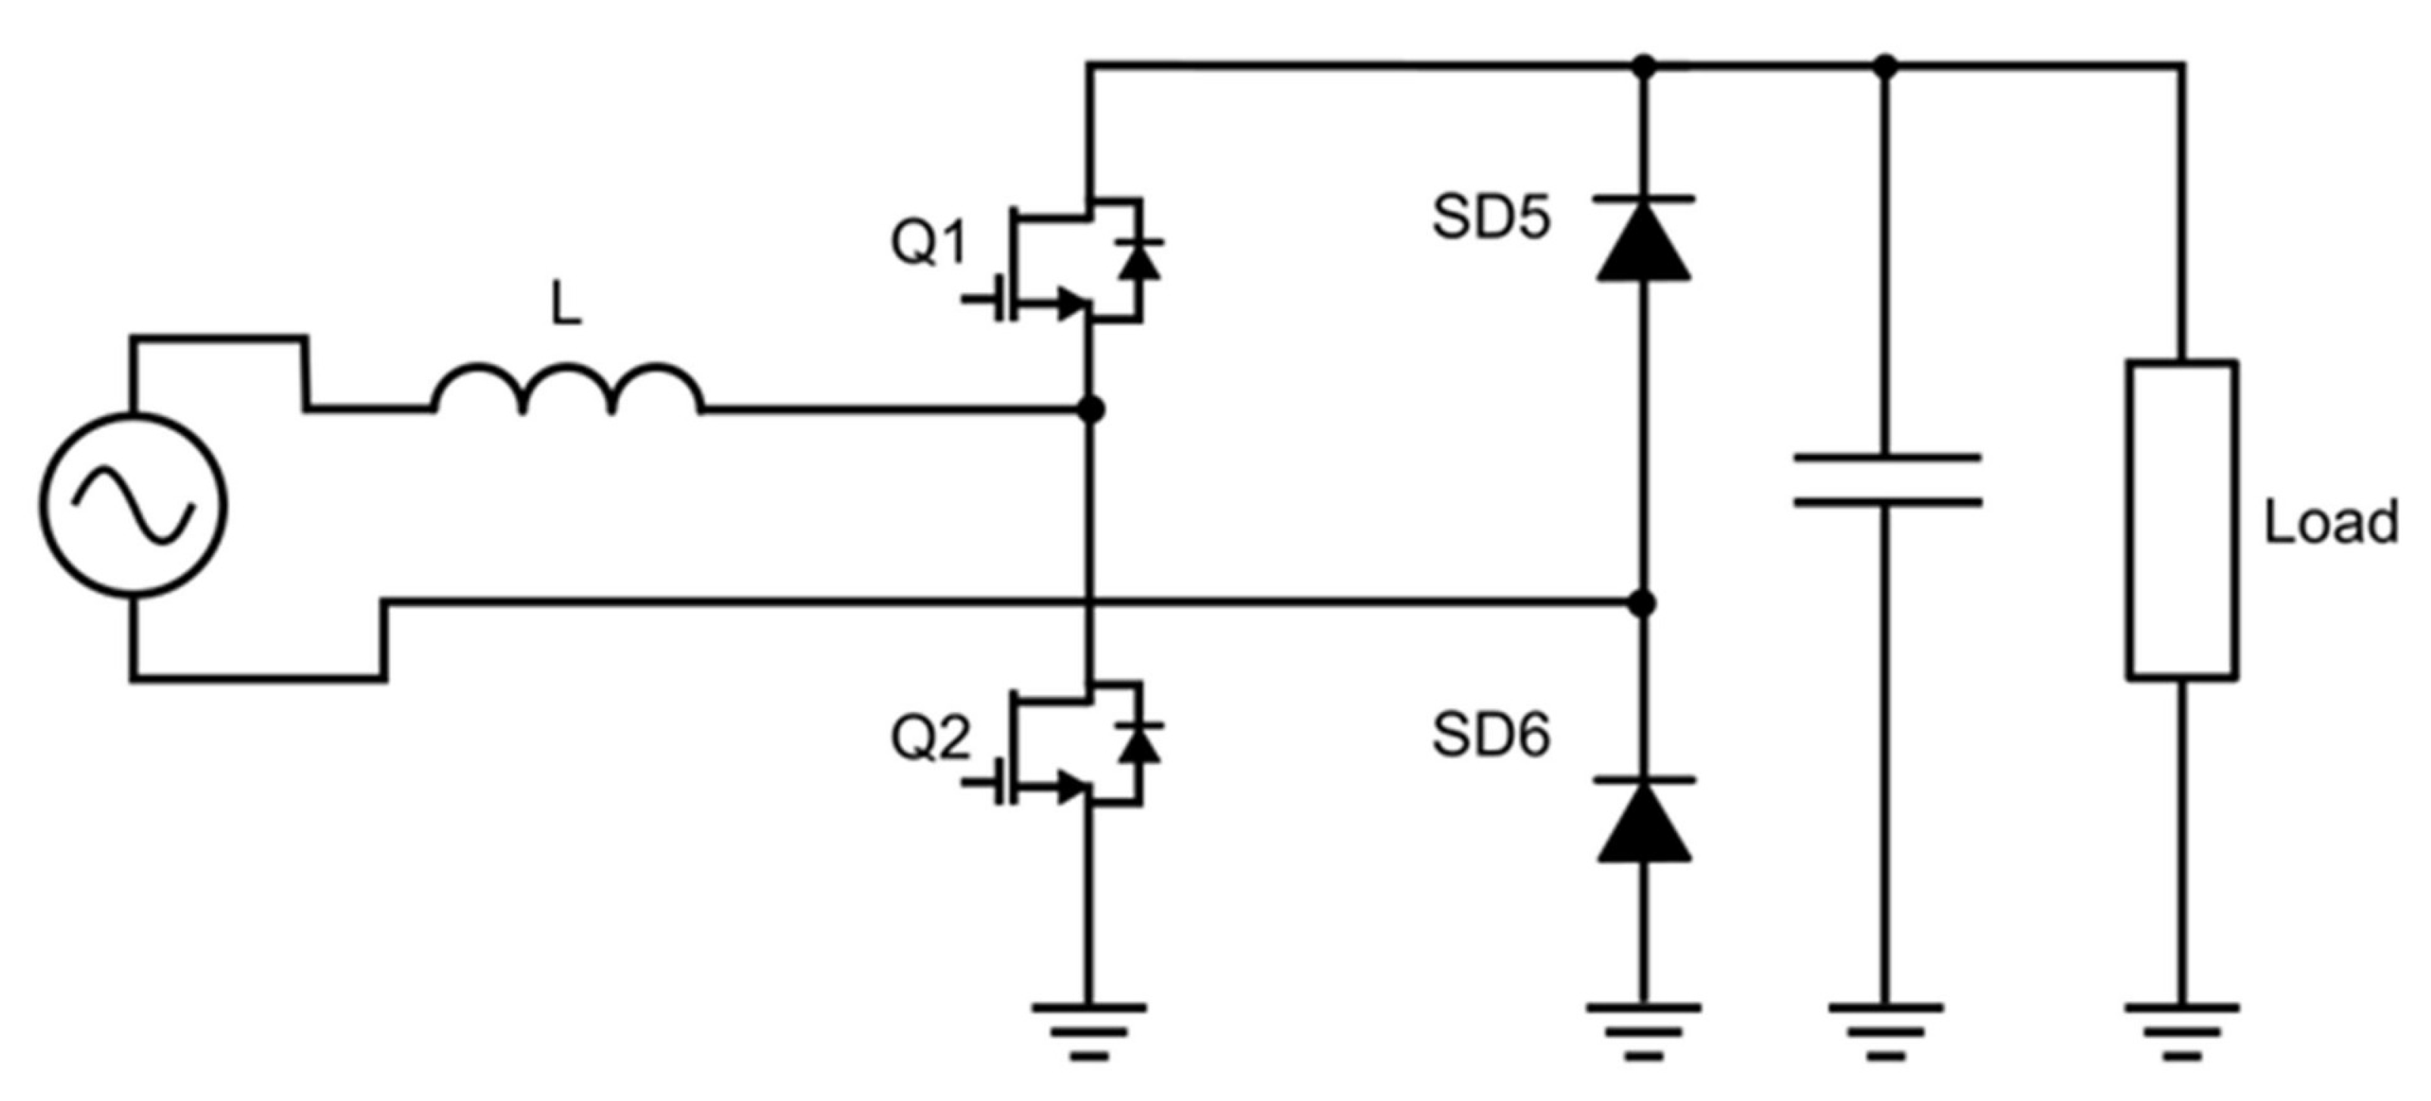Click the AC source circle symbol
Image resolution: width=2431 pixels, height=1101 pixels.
click(133, 505)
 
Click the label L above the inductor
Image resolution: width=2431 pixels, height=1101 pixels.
click(566, 306)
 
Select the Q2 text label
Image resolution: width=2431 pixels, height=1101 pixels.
click(930, 738)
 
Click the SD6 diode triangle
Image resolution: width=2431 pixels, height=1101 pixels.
click(1643, 823)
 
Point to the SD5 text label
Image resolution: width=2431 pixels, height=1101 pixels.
click(1491, 218)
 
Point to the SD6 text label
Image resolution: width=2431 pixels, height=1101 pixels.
click(1491, 735)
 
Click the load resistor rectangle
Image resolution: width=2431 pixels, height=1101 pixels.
click(2181, 520)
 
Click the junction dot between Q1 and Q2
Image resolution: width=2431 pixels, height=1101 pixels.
click(1091, 409)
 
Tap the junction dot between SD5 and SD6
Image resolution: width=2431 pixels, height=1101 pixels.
click(1643, 603)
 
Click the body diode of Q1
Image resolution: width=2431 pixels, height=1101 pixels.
click(1139, 260)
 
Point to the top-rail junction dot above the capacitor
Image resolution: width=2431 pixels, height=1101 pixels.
click(1886, 66)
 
